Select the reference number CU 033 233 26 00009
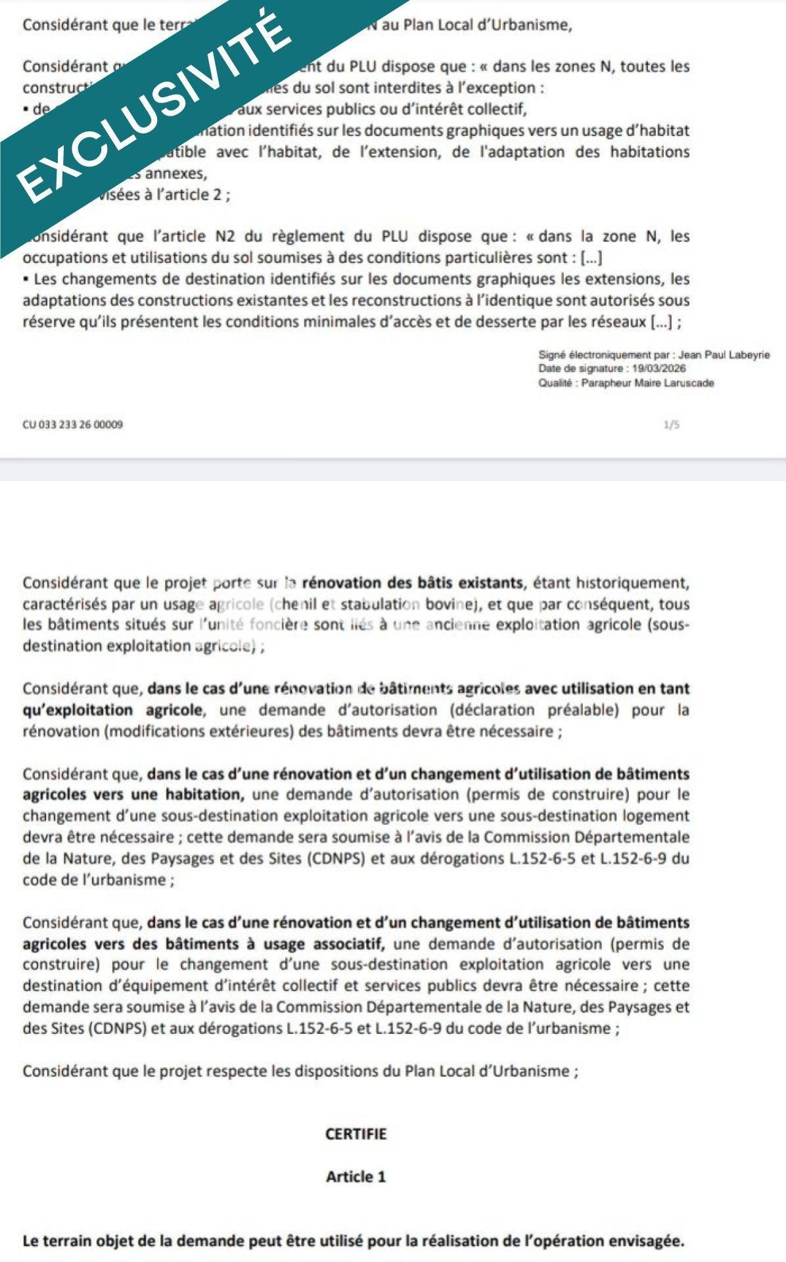[x=72, y=425]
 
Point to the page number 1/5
[x=671, y=425]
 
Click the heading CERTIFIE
[x=356, y=1134]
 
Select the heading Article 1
[x=356, y=1177]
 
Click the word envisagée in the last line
[x=646, y=1241]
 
